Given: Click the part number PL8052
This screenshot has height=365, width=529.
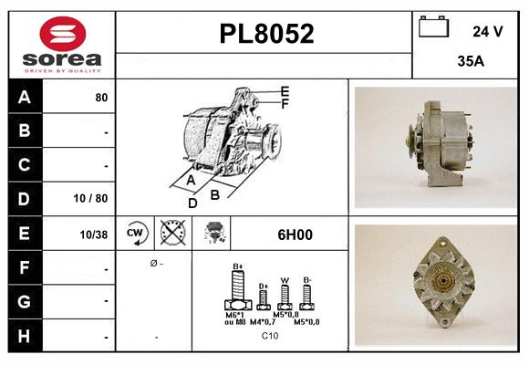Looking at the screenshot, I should click(265, 35).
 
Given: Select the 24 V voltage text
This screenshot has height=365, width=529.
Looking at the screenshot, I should click(487, 31).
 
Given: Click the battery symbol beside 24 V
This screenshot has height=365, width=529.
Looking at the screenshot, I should click(434, 28).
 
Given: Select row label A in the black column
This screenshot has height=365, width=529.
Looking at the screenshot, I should click(25, 97).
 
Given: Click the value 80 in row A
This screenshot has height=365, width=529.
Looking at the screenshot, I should click(101, 97).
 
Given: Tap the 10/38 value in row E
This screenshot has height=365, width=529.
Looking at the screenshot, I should click(94, 234).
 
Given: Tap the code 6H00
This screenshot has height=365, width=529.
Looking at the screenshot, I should click(294, 234).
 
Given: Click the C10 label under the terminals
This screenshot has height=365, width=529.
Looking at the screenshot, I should click(270, 336).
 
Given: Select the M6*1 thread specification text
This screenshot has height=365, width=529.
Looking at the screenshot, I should click(236, 315).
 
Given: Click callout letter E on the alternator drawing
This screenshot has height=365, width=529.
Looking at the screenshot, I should click(285, 91).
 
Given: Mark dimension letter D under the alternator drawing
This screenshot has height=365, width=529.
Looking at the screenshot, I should click(192, 203).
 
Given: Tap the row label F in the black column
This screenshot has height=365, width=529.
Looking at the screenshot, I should click(25, 268).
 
